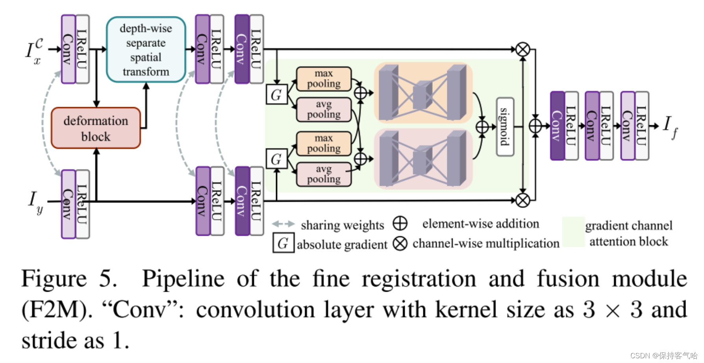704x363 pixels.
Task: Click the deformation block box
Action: (x=96, y=128)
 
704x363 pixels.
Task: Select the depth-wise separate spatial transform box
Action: (x=146, y=50)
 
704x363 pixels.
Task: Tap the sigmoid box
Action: (x=505, y=127)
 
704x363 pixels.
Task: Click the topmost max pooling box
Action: (x=323, y=79)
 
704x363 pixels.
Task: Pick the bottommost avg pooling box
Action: (x=323, y=174)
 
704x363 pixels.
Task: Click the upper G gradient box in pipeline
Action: (x=276, y=94)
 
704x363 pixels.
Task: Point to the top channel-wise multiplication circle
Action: (x=522, y=50)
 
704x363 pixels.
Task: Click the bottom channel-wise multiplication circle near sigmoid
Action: (x=522, y=200)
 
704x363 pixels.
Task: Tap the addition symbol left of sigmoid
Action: (x=482, y=127)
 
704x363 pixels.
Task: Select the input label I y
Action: (x=35, y=202)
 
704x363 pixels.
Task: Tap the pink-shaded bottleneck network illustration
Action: (x=423, y=159)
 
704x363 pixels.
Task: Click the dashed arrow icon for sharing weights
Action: (x=283, y=224)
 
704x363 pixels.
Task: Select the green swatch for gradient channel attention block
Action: (x=573, y=232)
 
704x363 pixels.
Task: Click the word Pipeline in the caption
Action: (x=183, y=279)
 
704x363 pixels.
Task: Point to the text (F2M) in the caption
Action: (x=55, y=310)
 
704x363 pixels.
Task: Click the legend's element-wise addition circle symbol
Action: (x=400, y=223)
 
